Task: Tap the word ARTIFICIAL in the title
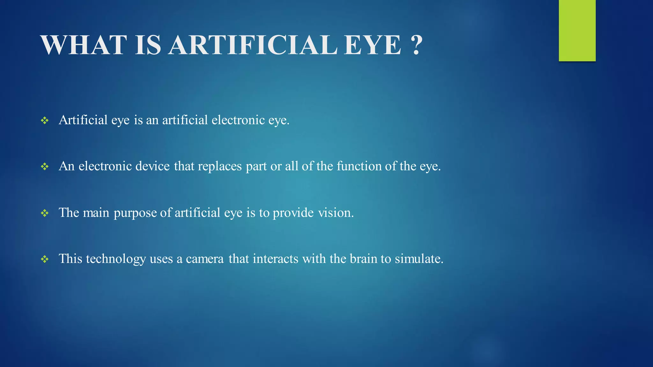[x=253, y=45]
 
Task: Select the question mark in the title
[x=416, y=45]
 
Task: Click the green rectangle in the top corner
[x=577, y=31]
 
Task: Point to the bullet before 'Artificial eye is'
[x=45, y=120]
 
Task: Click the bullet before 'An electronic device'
[x=45, y=166]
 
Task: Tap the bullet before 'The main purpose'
[x=45, y=213]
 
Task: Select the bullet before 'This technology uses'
[x=45, y=259]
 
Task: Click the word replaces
[x=220, y=166]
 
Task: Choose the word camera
[x=205, y=259]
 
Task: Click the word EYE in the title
[x=372, y=45]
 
